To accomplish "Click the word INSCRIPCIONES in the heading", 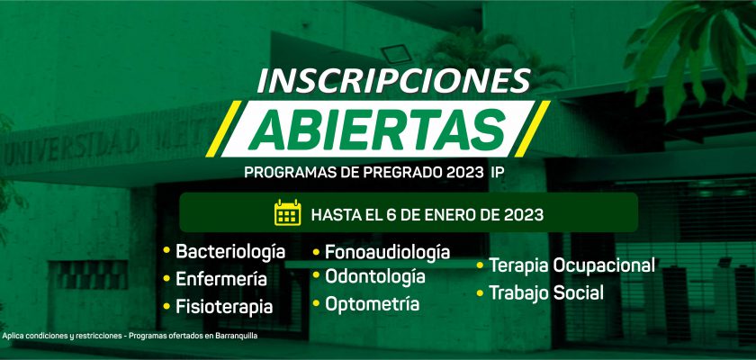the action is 394,80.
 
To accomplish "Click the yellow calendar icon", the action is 287,212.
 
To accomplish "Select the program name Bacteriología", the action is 230,252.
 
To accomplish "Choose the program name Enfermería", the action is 221,279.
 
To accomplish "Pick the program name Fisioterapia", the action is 224,307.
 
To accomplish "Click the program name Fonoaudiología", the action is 388,252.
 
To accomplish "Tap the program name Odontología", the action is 375,277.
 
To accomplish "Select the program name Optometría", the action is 373,304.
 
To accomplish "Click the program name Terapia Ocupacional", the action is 572,265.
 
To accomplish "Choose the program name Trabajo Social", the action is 546,292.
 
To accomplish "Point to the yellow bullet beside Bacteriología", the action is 166,250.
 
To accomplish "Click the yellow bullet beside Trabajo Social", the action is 480,292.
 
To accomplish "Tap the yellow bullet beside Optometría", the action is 316,303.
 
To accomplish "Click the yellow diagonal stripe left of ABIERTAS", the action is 224,129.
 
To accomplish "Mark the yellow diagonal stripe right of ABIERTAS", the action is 532,129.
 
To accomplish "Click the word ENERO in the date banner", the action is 455,214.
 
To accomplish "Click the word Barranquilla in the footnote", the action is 235,336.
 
